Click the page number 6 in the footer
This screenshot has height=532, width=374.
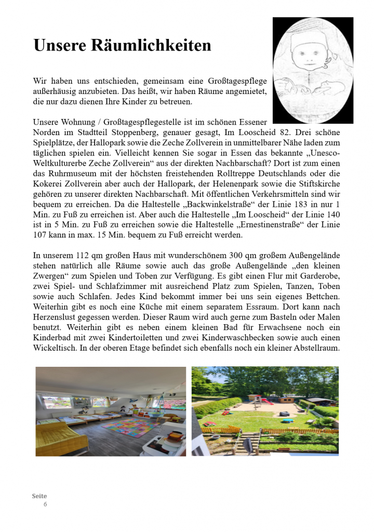click(45, 504)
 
